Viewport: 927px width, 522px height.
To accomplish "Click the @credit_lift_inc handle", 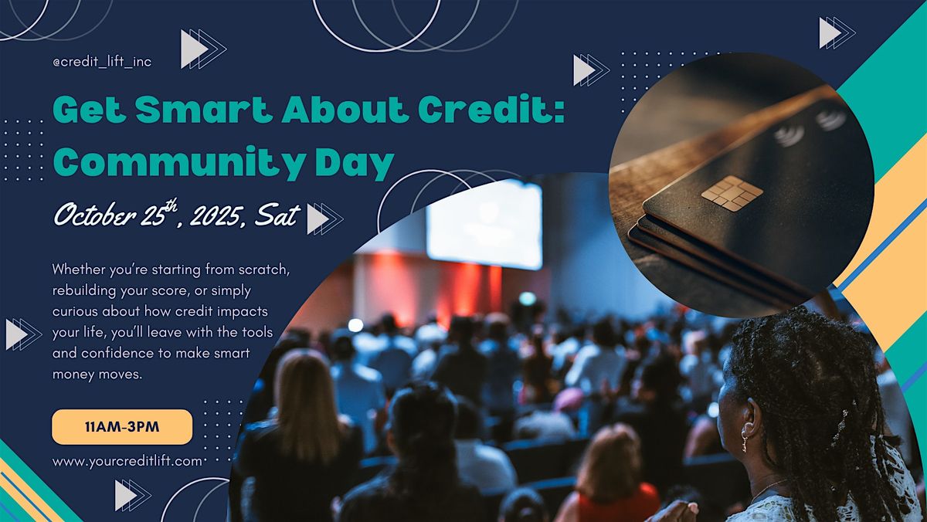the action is [x=102, y=62].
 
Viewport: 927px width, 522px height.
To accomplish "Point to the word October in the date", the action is [x=95, y=215].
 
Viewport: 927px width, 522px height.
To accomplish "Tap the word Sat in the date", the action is [x=277, y=215].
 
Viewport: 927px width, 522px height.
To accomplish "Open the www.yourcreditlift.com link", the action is [x=127, y=461].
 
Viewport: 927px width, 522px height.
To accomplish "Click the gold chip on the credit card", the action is [x=732, y=194].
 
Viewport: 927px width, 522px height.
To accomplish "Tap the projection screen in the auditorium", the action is [x=484, y=224].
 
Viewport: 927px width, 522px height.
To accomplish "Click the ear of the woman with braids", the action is [x=752, y=415].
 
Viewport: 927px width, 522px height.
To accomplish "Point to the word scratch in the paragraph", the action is [x=264, y=269].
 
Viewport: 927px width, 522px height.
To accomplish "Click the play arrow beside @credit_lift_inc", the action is [x=202, y=49].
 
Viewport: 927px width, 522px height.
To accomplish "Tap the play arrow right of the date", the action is [x=325, y=219].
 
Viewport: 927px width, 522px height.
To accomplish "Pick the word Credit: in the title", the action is [x=491, y=110].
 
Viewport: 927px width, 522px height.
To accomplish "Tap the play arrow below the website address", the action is [x=133, y=495].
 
